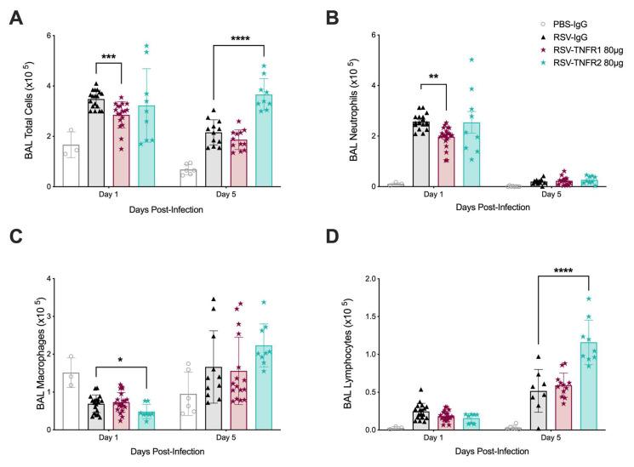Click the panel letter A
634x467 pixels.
click(x=16, y=18)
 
